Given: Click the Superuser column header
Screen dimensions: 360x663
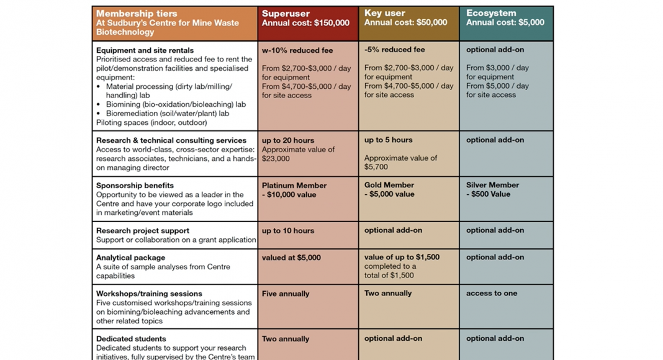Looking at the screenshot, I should tap(286, 14).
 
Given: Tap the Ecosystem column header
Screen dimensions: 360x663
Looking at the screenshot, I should tap(491, 13).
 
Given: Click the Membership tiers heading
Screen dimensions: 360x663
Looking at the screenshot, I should tap(137, 14).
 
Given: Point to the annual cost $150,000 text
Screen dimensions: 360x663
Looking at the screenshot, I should tap(305, 23).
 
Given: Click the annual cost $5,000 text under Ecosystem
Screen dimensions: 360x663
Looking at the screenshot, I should tap(505, 22).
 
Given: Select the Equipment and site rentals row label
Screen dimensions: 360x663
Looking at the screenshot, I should tap(145, 50).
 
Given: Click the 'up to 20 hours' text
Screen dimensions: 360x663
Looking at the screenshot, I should tap(288, 140).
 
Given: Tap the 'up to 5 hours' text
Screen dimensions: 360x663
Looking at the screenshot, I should tap(389, 140).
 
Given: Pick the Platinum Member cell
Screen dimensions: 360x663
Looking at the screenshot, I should tap(294, 186).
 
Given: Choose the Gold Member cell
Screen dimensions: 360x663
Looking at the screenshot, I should tap(389, 185).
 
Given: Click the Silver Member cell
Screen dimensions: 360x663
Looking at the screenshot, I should tap(492, 185).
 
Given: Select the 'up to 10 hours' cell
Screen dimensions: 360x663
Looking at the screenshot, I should tap(288, 231).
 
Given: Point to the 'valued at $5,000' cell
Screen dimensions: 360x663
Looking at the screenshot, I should tap(291, 258).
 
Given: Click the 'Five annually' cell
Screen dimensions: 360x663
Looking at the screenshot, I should tap(286, 294).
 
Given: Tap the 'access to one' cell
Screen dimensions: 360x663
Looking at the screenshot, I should tap(492, 293).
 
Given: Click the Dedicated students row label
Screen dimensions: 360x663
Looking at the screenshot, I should tap(131, 339).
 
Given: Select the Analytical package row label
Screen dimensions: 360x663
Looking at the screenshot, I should tap(130, 258).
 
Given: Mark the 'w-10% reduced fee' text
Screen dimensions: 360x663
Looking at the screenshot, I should tap(297, 50).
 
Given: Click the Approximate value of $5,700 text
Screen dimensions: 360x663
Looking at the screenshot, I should tap(400, 163).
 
